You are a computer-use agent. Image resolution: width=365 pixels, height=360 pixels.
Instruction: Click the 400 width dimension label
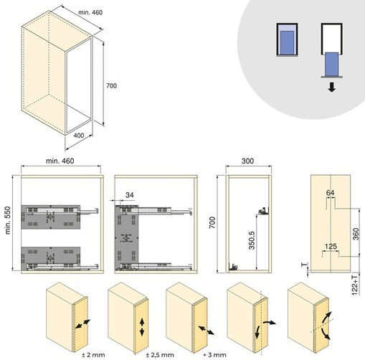[79, 136]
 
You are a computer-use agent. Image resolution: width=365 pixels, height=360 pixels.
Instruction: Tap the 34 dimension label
[130, 195]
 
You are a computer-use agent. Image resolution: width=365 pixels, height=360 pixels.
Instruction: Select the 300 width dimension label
[247, 161]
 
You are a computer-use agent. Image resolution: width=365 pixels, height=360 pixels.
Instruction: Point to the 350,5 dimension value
[252, 240]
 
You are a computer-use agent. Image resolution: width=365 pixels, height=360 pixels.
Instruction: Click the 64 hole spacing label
[330, 193]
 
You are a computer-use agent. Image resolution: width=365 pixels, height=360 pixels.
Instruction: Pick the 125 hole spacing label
[331, 246]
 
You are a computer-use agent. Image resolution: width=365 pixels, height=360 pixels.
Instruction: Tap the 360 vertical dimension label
[356, 234]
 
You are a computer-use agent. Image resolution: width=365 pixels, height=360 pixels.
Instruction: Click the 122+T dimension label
[355, 285]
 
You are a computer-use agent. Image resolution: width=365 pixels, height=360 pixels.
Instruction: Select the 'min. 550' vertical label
[8, 220]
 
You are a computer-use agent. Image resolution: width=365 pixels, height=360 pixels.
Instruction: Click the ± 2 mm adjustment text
[93, 355]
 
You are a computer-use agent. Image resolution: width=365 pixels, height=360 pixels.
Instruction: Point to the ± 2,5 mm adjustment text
[160, 355]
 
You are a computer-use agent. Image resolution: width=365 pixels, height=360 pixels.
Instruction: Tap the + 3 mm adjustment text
[214, 355]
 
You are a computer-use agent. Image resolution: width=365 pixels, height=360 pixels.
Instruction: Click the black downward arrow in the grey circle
[332, 87]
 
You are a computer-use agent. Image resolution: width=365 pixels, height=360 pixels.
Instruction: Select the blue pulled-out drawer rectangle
[331, 64]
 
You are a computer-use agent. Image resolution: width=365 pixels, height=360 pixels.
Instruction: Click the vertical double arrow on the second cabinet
[142, 327]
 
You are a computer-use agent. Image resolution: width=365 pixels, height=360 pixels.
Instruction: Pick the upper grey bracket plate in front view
[51, 217]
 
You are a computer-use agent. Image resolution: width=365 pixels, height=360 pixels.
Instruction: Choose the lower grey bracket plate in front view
[51, 258]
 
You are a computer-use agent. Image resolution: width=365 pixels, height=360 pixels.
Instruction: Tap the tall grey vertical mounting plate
[126, 237]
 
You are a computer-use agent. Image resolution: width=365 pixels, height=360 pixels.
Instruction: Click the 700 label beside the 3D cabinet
[111, 85]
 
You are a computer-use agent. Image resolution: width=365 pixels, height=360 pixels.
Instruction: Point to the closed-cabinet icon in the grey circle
[287, 39]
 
